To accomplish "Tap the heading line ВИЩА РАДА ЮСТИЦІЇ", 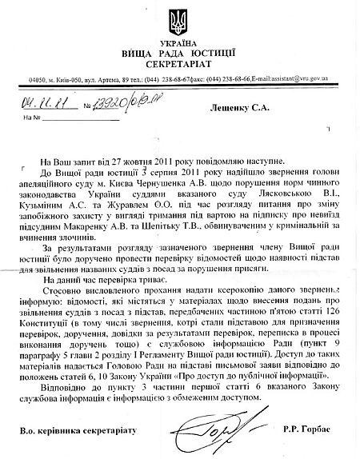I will [x=182, y=50].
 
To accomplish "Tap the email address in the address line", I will [x=306, y=81].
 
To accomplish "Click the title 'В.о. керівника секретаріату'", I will [x=72, y=432].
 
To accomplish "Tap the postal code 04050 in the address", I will [x=38, y=81].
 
